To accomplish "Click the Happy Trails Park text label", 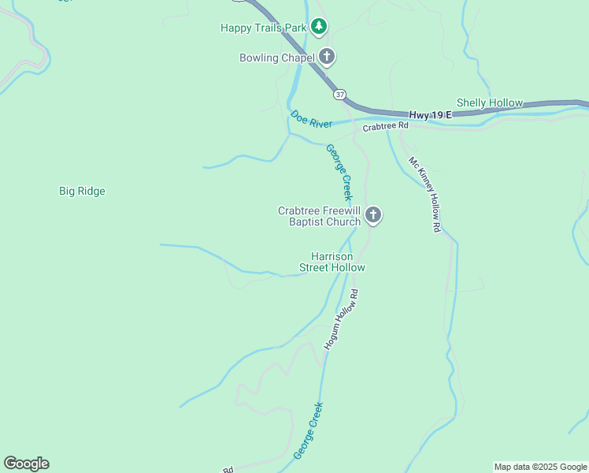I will tap(262, 28).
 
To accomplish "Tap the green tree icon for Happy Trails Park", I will tap(318, 27).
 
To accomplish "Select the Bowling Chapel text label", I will tap(276, 58).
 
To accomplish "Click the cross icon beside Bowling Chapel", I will tap(327, 57).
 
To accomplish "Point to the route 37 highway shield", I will tap(339, 95).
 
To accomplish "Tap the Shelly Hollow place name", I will tap(490, 103).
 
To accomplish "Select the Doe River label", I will tap(311, 120).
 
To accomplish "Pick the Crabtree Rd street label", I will tap(386, 126).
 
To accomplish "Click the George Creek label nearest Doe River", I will tap(339, 172).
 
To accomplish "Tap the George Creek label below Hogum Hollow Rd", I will tap(309, 431).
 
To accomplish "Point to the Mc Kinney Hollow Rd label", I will tap(424, 194).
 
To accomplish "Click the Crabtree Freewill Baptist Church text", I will tap(319, 216).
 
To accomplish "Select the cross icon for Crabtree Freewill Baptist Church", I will tap(373, 215).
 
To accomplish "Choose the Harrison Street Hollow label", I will tap(332, 262).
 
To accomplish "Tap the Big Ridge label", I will tap(82, 191).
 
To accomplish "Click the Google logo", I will tap(26, 464).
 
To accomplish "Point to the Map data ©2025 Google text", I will tap(540, 467).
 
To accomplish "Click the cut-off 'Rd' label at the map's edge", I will tap(228, 469).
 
